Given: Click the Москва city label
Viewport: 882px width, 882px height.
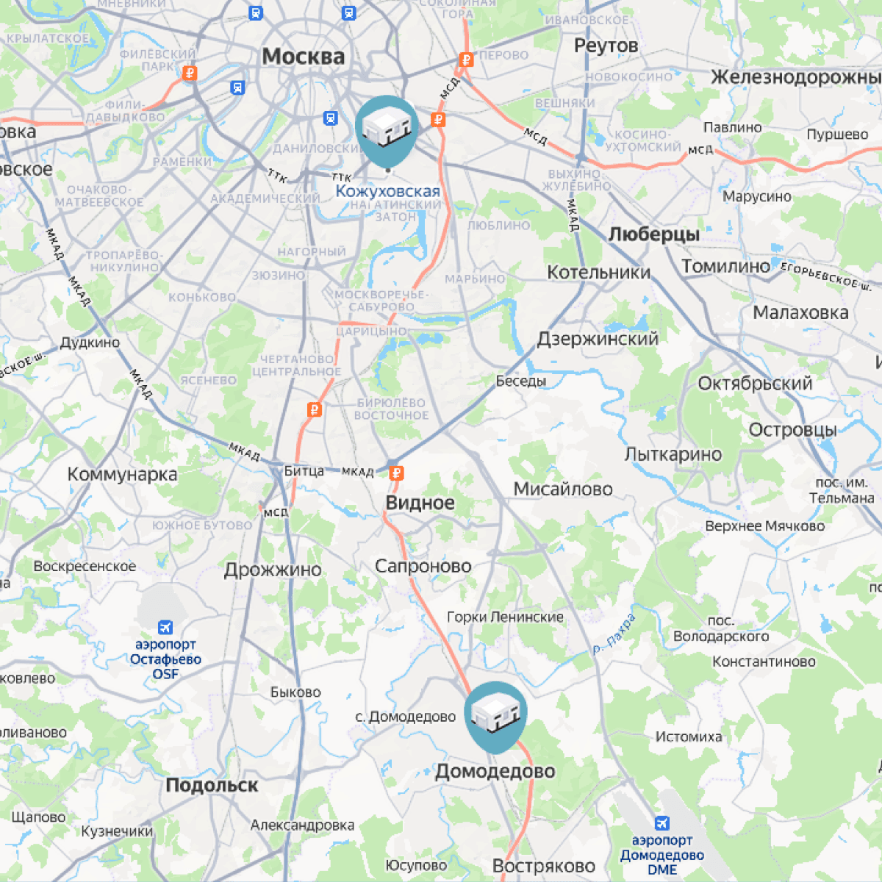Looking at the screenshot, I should click(303, 57).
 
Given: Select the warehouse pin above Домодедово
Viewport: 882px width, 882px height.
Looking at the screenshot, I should click(496, 713).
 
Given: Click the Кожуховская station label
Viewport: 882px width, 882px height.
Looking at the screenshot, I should click(387, 191).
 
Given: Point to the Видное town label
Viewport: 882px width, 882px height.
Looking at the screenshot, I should click(420, 503).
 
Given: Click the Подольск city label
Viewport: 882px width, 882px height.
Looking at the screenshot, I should click(212, 785).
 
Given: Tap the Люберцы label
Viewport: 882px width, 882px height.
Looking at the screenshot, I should click(653, 234).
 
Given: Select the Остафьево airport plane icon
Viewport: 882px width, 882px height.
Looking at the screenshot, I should click(165, 627).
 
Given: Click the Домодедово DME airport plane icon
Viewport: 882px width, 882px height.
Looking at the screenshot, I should click(661, 822).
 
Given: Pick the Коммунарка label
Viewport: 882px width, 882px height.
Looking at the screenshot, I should click(122, 474).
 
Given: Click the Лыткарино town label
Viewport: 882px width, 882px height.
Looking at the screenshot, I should click(673, 454).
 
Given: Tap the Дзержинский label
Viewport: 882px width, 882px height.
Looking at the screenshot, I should click(598, 339).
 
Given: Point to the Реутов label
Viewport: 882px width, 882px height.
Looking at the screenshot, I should click(606, 46).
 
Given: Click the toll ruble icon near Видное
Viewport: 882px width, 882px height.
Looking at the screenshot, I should click(396, 473).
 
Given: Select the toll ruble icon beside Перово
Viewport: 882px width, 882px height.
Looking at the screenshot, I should click(465, 60).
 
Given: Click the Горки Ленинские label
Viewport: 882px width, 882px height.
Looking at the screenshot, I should click(505, 617).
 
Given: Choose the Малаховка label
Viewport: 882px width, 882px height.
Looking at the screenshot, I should click(800, 312).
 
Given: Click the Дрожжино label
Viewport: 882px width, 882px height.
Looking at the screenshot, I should click(273, 570).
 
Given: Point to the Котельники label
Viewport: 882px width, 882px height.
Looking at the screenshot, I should click(599, 273).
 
